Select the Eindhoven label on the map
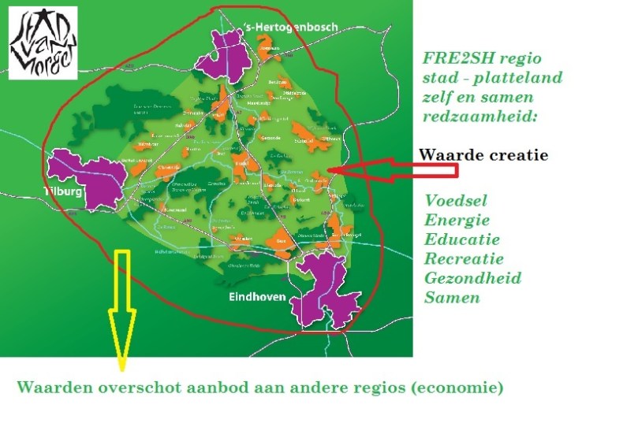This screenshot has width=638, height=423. pos(257,298)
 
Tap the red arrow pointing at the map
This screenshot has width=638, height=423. pos(371,169)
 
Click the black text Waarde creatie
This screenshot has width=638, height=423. pos(483,155)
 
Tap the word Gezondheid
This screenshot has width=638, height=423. pos(472,278)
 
